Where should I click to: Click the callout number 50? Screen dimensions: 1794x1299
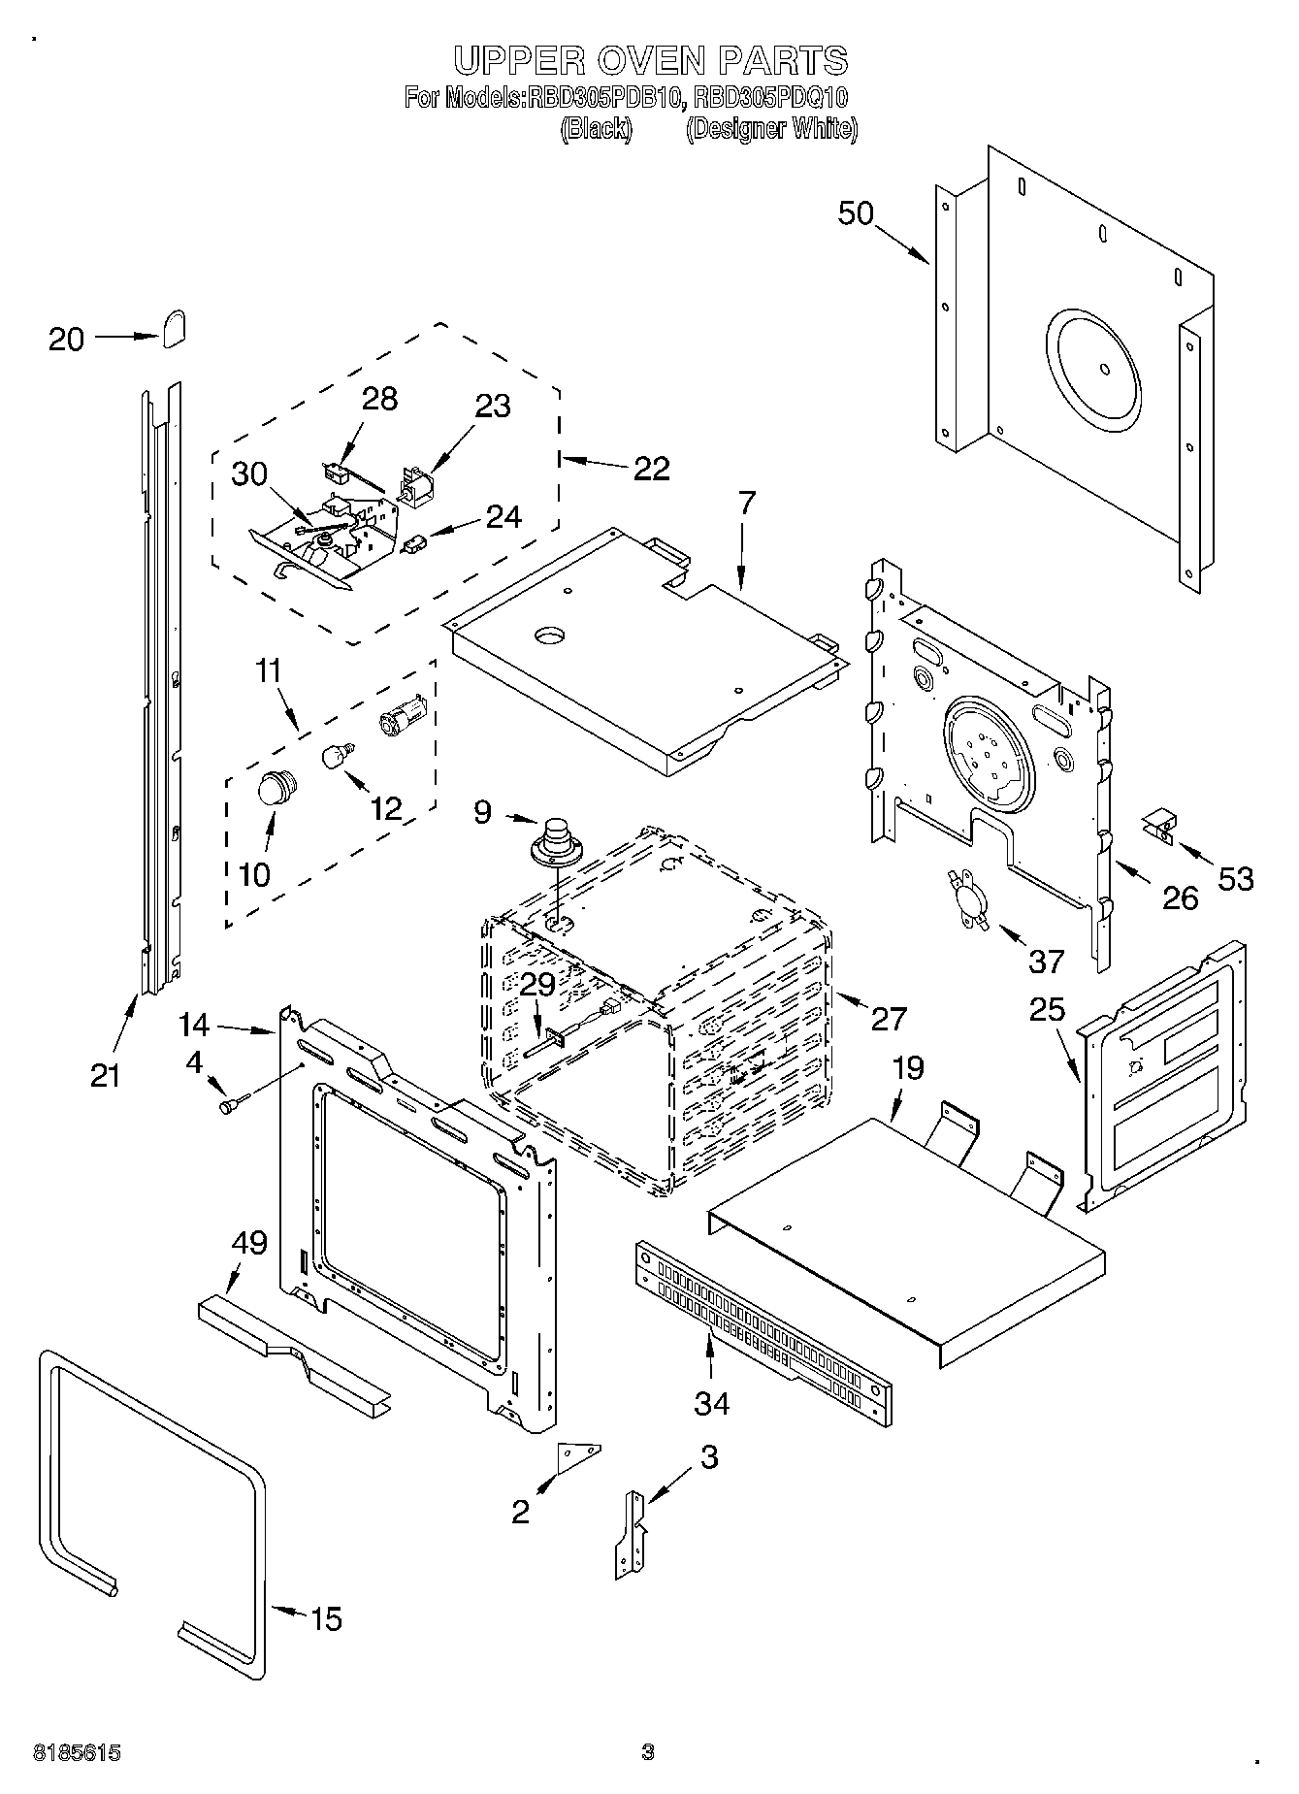(856, 213)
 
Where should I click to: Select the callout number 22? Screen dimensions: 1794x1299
(651, 469)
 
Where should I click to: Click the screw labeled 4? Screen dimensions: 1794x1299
(234, 1103)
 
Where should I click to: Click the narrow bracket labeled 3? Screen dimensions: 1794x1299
(632, 1536)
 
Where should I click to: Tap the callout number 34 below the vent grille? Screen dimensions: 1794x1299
(711, 1403)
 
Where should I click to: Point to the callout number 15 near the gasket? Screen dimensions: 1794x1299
(326, 1618)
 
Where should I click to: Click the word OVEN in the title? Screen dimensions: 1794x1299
(650, 61)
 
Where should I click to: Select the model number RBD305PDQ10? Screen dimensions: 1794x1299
(772, 98)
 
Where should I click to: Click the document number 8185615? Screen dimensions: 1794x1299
(77, 1752)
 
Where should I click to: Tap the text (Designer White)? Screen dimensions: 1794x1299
(771, 129)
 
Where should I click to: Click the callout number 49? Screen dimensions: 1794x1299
(249, 1242)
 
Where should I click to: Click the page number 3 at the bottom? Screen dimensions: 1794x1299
(648, 1752)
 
